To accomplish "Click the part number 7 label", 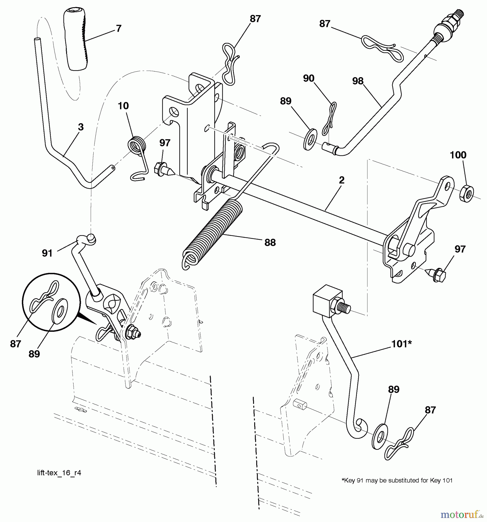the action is click(119, 28).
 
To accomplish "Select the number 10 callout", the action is click(123, 106).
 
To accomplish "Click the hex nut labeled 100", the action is click(467, 194).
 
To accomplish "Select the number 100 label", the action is click(458, 155).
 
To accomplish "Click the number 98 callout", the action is click(358, 81).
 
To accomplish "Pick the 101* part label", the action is click(401, 344).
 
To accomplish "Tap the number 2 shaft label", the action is click(342, 180).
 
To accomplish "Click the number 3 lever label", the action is click(81, 127).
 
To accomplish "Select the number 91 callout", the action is click(47, 253).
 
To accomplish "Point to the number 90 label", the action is click(309, 78).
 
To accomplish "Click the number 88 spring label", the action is click(270, 242).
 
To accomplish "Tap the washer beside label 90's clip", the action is click(310, 140).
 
